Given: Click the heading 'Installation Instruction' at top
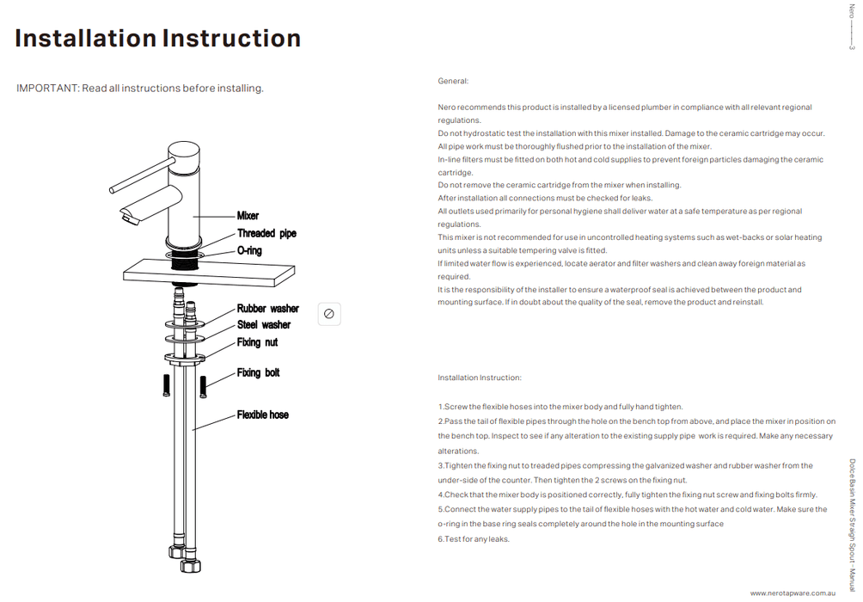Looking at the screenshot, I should (158, 39).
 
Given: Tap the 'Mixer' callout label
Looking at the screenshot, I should (248, 216).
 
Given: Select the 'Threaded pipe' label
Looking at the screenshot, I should (266, 233).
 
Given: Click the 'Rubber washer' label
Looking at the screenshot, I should (267, 309).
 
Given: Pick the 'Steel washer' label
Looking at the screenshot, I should (263, 325).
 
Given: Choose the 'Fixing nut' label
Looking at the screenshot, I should (257, 342).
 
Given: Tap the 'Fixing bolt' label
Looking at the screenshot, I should (258, 372).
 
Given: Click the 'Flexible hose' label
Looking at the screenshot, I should (262, 415).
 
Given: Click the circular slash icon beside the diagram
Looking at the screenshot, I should (329, 314).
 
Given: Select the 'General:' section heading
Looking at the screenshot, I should (453, 81).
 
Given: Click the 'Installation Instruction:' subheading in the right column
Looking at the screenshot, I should (479, 378).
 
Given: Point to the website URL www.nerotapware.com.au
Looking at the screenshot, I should (793, 593).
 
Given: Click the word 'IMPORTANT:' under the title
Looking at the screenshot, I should (47, 89).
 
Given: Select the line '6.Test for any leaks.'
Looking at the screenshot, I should (474, 539).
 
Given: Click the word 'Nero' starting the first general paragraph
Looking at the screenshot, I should (446, 107).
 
